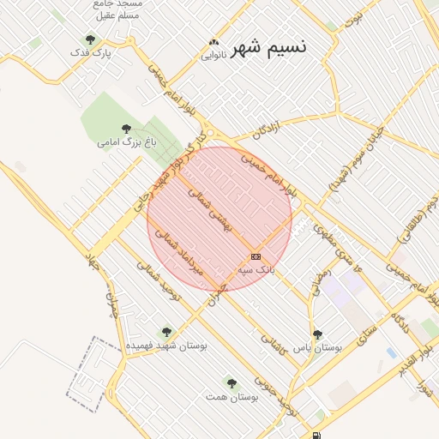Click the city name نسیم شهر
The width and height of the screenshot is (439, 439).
pyautogui.click(x=272, y=46)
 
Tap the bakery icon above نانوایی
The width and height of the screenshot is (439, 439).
pyautogui.click(x=213, y=42)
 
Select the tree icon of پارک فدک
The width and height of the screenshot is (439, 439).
pyautogui.click(x=91, y=39)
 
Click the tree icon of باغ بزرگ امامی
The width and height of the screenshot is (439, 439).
pyautogui.click(x=127, y=129)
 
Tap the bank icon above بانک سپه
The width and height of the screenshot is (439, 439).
pyautogui.click(x=256, y=256)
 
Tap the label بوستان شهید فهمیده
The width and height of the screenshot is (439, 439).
pyautogui.click(x=167, y=345)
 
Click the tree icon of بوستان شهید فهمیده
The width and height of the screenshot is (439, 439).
pyautogui.click(x=166, y=332)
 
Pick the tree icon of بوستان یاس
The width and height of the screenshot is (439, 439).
pyautogui.click(x=318, y=335)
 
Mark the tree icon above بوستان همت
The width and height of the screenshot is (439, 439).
pyautogui.click(x=232, y=383)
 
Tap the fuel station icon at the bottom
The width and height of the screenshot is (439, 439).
pyautogui.click(x=319, y=436)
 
